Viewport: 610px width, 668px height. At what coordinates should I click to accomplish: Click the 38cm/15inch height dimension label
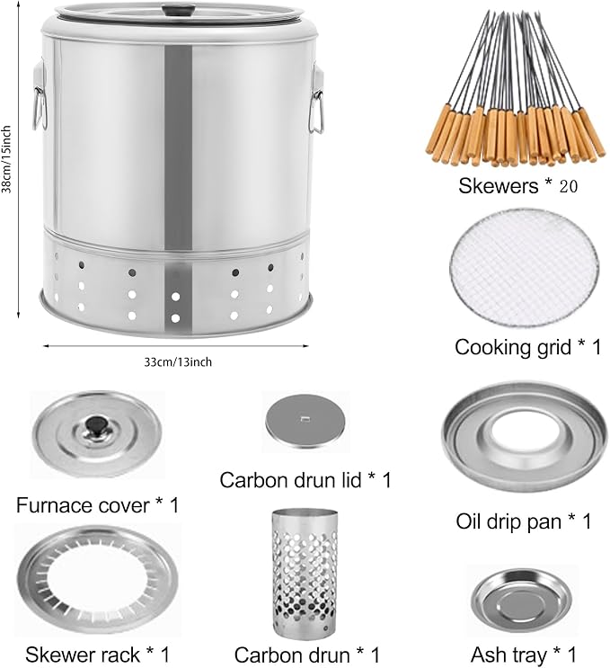(6, 159)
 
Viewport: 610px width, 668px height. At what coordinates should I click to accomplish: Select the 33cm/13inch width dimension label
(178, 362)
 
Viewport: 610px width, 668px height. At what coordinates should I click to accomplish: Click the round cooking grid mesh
(524, 268)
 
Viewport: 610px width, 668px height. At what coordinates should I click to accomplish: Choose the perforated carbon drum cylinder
(305, 572)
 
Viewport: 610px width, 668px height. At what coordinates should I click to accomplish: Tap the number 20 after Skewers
(568, 186)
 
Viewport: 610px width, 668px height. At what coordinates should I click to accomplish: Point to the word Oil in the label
(469, 521)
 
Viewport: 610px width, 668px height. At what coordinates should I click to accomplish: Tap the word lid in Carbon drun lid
(349, 480)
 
